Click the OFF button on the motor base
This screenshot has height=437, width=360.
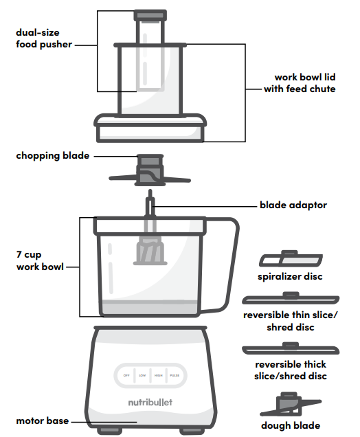click(126, 376)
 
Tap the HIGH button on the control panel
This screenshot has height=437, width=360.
click(159, 376)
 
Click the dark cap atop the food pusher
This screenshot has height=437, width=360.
click(149, 14)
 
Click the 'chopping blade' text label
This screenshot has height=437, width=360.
click(53, 156)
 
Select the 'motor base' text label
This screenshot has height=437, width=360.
click(43, 421)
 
